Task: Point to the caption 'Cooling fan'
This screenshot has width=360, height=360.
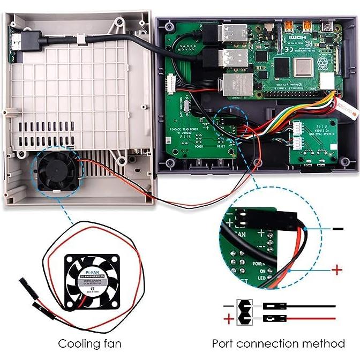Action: (x=90, y=343)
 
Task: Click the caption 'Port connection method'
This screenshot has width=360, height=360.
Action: (x=278, y=343)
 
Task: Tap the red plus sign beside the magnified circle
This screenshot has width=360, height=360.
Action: (x=336, y=269)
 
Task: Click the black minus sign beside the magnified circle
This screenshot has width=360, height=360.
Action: (x=337, y=229)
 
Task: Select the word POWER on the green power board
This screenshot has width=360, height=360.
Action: (x=198, y=146)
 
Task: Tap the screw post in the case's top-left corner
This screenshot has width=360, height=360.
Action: (x=170, y=26)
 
